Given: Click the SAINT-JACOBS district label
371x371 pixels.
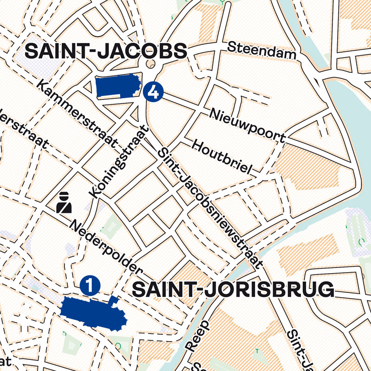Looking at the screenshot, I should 105,51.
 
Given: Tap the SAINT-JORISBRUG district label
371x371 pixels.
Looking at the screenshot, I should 233,290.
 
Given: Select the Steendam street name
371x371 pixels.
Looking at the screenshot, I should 262,51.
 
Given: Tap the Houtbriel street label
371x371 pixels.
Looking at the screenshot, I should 221,157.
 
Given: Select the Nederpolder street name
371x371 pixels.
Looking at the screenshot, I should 105,248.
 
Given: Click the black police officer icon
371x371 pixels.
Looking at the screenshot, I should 64,202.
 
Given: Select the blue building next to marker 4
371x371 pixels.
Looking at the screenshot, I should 118,86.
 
